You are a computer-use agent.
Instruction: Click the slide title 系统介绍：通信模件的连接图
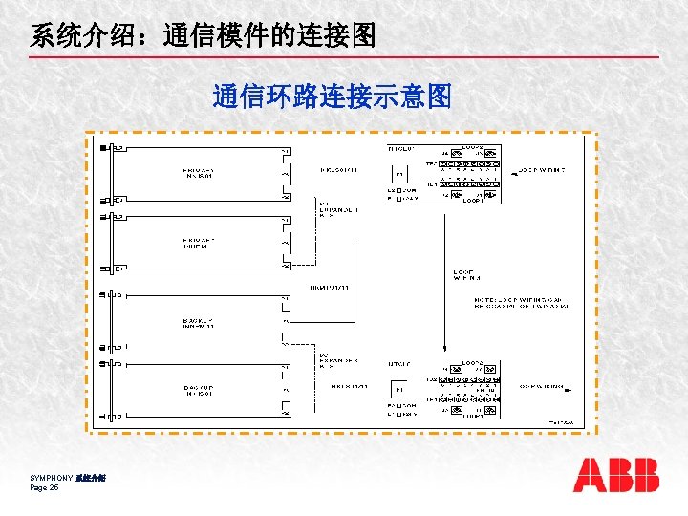(x=203, y=36)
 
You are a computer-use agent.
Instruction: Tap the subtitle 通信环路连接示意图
(x=332, y=97)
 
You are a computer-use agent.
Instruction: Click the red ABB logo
(x=616, y=475)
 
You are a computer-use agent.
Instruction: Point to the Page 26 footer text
(x=45, y=487)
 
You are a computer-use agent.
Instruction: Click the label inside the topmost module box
(x=200, y=173)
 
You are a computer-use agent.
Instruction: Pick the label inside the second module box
(x=199, y=243)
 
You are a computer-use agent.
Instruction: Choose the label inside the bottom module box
(x=200, y=390)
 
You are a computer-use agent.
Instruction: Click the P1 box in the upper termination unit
(x=398, y=175)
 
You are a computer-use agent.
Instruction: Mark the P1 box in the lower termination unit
(x=398, y=389)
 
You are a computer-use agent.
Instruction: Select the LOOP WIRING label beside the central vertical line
(x=467, y=276)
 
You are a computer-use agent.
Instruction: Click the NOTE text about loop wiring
(x=521, y=302)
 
